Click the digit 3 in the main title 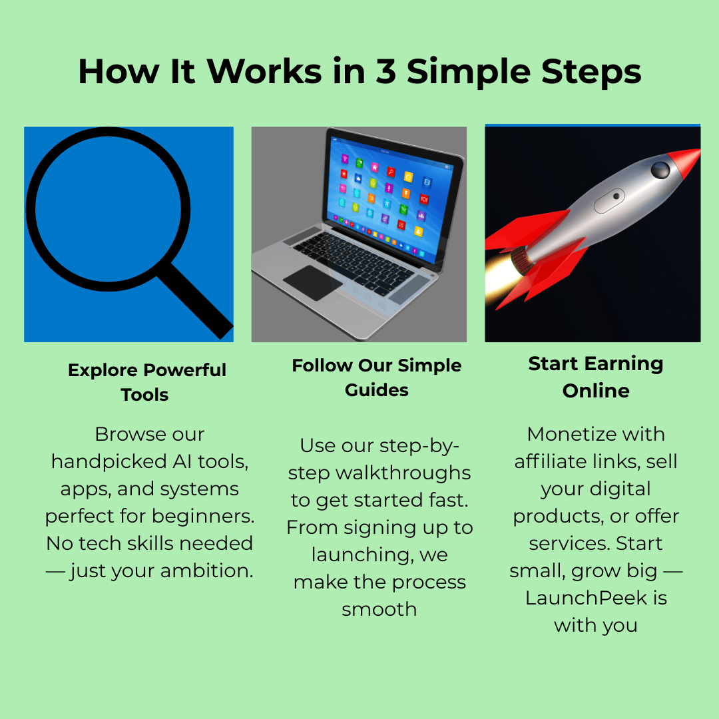[x=385, y=71]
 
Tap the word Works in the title [x=264, y=71]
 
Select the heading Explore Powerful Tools [x=146, y=382]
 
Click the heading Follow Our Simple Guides [x=376, y=377]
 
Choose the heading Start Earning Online [x=596, y=377]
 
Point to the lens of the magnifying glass [x=109, y=209]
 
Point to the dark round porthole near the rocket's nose [x=660, y=170]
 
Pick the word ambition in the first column [x=207, y=571]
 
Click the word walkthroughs [x=403, y=473]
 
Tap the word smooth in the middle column [x=379, y=609]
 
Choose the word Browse [x=130, y=434]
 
